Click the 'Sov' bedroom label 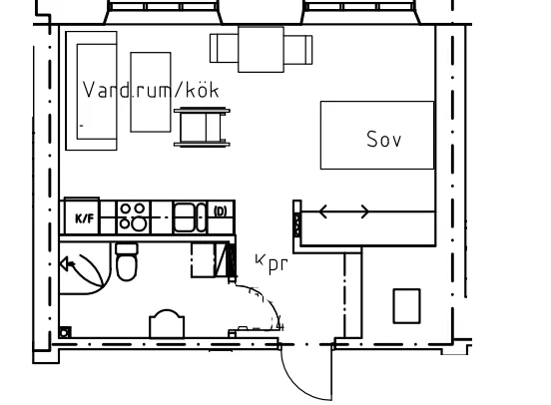click(x=383, y=139)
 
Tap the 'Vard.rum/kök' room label click(x=151, y=90)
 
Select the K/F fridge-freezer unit click(x=82, y=216)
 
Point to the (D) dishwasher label click(x=221, y=211)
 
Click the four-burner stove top click(x=133, y=217)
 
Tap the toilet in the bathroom click(x=127, y=261)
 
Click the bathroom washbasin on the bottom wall click(x=167, y=323)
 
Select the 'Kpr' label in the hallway click(x=272, y=263)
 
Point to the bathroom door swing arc click(x=270, y=300)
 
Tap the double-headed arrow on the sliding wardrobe click(x=344, y=211)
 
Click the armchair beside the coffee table click(x=202, y=127)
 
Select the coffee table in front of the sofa click(x=151, y=92)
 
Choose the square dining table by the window click(x=261, y=50)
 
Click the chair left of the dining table click(x=224, y=49)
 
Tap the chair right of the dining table click(x=298, y=50)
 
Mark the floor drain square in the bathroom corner click(x=65, y=332)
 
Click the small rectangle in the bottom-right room click(x=406, y=306)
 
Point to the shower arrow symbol click(x=68, y=263)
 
